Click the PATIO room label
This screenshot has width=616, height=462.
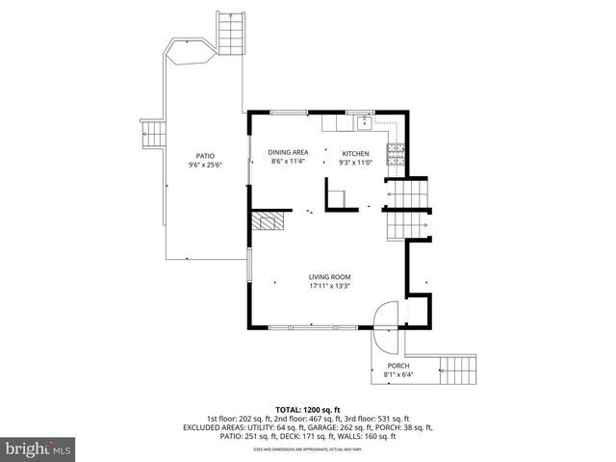pos(205,155)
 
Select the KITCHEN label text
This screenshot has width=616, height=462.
pos(356,154)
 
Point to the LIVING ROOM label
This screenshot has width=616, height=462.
pos(329,277)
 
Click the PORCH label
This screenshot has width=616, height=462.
pos(398,366)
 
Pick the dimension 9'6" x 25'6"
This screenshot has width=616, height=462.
pos(205,164)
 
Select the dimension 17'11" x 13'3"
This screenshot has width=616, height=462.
pos(329,286)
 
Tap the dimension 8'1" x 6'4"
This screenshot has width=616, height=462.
pos(398,374)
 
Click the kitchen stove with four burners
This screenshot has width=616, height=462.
pos(396,152)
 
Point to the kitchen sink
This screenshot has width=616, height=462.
pos(366,122)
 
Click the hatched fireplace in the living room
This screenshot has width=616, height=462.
pos(269,222)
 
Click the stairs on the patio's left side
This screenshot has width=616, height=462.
pos(151,135)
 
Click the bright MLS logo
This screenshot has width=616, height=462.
pos(38,449)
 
